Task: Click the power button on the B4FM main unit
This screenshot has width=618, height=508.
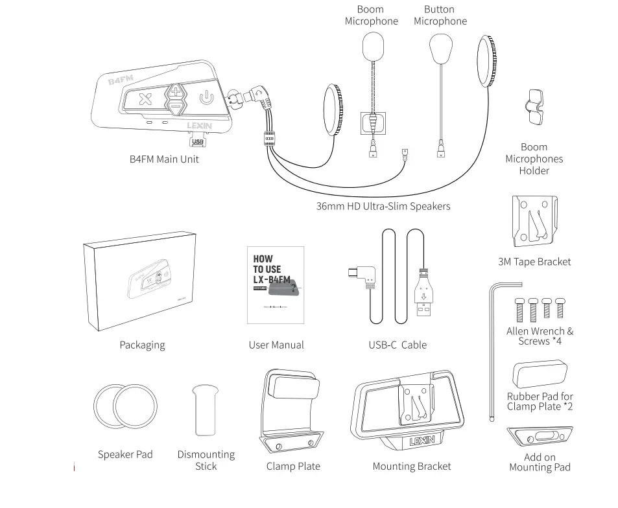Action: [x=205, y=98]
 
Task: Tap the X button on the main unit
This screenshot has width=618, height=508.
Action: [x=145, y=99]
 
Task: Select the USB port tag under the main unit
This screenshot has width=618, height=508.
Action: [x=198, y=141]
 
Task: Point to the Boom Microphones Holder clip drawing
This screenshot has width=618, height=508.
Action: [x=534, y=108]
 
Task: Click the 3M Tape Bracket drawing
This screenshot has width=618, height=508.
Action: [x=534, y=222]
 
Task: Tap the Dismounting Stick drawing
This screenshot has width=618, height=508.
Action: [x=206, y=410]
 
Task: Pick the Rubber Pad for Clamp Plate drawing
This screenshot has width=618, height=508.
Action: [x=540, y=375]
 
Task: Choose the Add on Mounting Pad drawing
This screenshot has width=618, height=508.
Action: [x=540, y=437]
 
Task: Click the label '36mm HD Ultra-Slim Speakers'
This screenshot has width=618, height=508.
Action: [x=383, y=206]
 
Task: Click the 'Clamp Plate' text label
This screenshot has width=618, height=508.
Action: [x=293, y=466]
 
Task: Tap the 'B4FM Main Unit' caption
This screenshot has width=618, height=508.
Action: [x=164, y=159]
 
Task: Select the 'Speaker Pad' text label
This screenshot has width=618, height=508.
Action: [x=125, y=454]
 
